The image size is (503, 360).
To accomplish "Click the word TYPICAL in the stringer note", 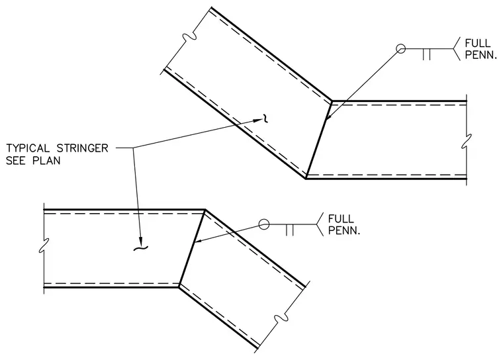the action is point(28,148).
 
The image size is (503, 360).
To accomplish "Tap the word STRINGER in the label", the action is point(83,148).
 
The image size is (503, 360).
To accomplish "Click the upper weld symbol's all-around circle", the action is point(400,49).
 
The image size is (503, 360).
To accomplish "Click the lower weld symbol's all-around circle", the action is point(263,224).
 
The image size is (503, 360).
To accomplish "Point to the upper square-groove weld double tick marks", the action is point(426,54).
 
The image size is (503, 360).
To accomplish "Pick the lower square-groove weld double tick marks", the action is point(289,230).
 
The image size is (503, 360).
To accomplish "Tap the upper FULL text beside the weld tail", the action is point(478,43).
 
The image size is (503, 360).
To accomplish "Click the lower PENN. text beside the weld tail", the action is point(344,230).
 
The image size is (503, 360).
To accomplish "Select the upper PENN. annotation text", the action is point(480,55).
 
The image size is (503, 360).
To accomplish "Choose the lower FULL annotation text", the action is point(341,219).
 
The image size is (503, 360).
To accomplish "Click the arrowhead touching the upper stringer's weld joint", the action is point(328,116).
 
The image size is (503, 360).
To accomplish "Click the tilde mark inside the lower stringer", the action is point(140,248).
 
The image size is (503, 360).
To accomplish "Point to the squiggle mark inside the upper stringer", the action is point(265,118).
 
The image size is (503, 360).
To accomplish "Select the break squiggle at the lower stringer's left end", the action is point(44,246).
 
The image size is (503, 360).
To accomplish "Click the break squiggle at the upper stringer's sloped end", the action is point(189,37).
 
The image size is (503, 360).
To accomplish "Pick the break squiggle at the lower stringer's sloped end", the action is point(281,318).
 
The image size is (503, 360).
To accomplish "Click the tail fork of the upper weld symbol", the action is point(457,49).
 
